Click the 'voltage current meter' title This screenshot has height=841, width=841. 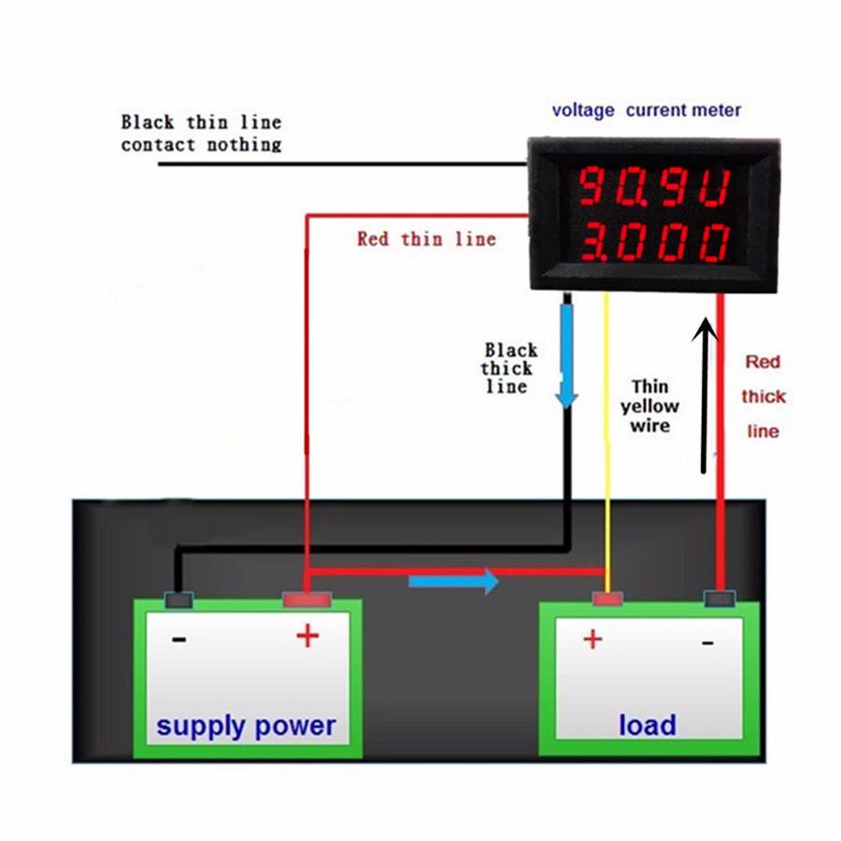[x=647, y=110]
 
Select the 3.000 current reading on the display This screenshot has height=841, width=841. [x=653, y=245]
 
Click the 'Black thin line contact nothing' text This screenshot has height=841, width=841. [x=201, y=133]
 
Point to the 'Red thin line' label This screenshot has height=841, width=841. [x=426, y=239]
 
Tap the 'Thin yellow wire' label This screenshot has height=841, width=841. [x=650, y=406]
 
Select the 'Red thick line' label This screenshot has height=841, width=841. [x=763, y=396]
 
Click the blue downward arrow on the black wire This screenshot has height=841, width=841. [x=566, y=355]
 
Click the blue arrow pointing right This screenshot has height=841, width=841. [x=454, y=581]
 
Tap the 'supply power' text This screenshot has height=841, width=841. [x=246, y=725]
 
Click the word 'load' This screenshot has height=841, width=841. [x=647, y=724]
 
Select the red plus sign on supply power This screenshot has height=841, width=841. [x=307, y=637]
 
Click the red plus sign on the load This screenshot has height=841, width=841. [x=592, y=639]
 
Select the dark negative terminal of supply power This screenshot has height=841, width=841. [x=178, y=600]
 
